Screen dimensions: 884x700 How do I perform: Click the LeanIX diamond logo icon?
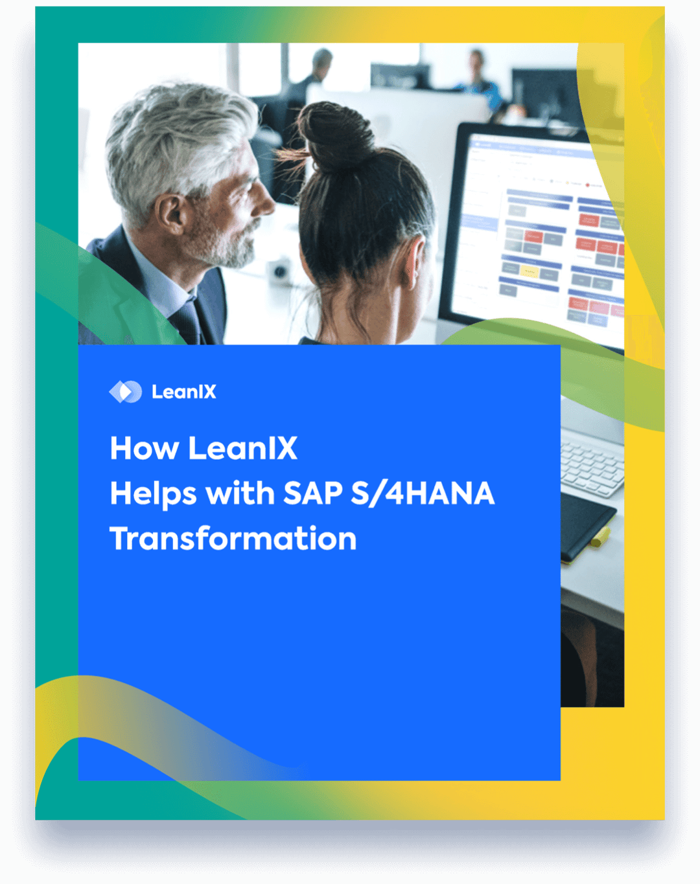click(125, 392)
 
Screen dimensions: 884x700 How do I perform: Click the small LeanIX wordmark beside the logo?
click(184, 392)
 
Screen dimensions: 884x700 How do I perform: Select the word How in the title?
click(144, 448)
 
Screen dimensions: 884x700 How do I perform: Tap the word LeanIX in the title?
click(243, 448)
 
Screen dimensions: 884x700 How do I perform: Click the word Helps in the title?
click(153, 494)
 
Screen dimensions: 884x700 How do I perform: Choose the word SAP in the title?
click(313, 493)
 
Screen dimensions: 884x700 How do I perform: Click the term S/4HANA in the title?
click(423, 493)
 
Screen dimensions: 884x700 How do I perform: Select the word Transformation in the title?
click(233, 539)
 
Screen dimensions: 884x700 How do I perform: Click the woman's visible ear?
click(413, 262)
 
